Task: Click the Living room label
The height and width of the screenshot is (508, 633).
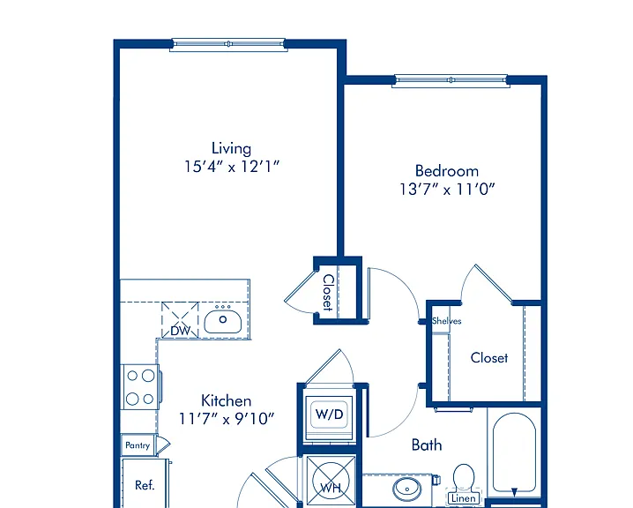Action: [231, 148]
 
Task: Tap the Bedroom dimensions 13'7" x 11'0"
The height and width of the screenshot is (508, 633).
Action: [447, 189]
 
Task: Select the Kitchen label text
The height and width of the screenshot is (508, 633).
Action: [226, 400]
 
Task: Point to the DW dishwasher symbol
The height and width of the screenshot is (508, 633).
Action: [180, 320]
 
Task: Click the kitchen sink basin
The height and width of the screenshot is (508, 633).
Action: [223, 321]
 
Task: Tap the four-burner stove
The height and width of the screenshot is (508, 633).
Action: [140, 387]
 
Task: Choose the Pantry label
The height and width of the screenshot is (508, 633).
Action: [138, 445]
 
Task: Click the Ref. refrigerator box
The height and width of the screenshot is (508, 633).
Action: [145, 483]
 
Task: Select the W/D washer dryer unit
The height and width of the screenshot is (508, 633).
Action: [330, 415]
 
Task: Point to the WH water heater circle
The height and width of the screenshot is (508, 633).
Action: [331, 481]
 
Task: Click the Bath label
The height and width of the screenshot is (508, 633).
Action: [427, 444]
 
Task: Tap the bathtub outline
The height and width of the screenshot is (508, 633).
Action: [514, 452]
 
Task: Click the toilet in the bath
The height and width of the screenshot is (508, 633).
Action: [464, 478]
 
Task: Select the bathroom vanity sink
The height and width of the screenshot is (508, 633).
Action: [407, 489]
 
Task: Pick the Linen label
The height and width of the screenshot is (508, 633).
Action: [464, 498]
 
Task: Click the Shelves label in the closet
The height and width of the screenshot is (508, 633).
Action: [446, 321]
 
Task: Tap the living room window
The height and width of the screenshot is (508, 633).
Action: [228, 44]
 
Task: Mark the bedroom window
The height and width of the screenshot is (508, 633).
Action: [451, 80]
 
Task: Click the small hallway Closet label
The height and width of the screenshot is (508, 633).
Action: [329, 293]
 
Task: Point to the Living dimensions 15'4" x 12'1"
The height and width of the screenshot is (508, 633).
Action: [232, 167]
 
